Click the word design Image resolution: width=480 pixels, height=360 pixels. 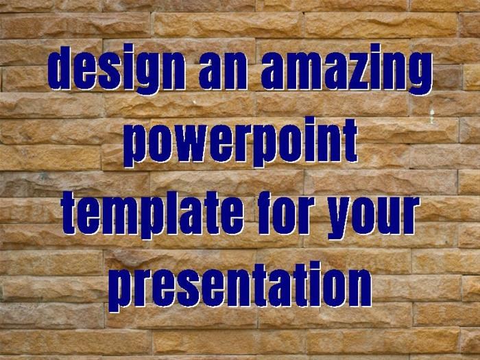(x=117, y=69)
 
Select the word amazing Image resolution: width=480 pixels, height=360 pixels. (x=346, y=69)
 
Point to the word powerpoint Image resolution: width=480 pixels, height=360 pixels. (x=241, y=143)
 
